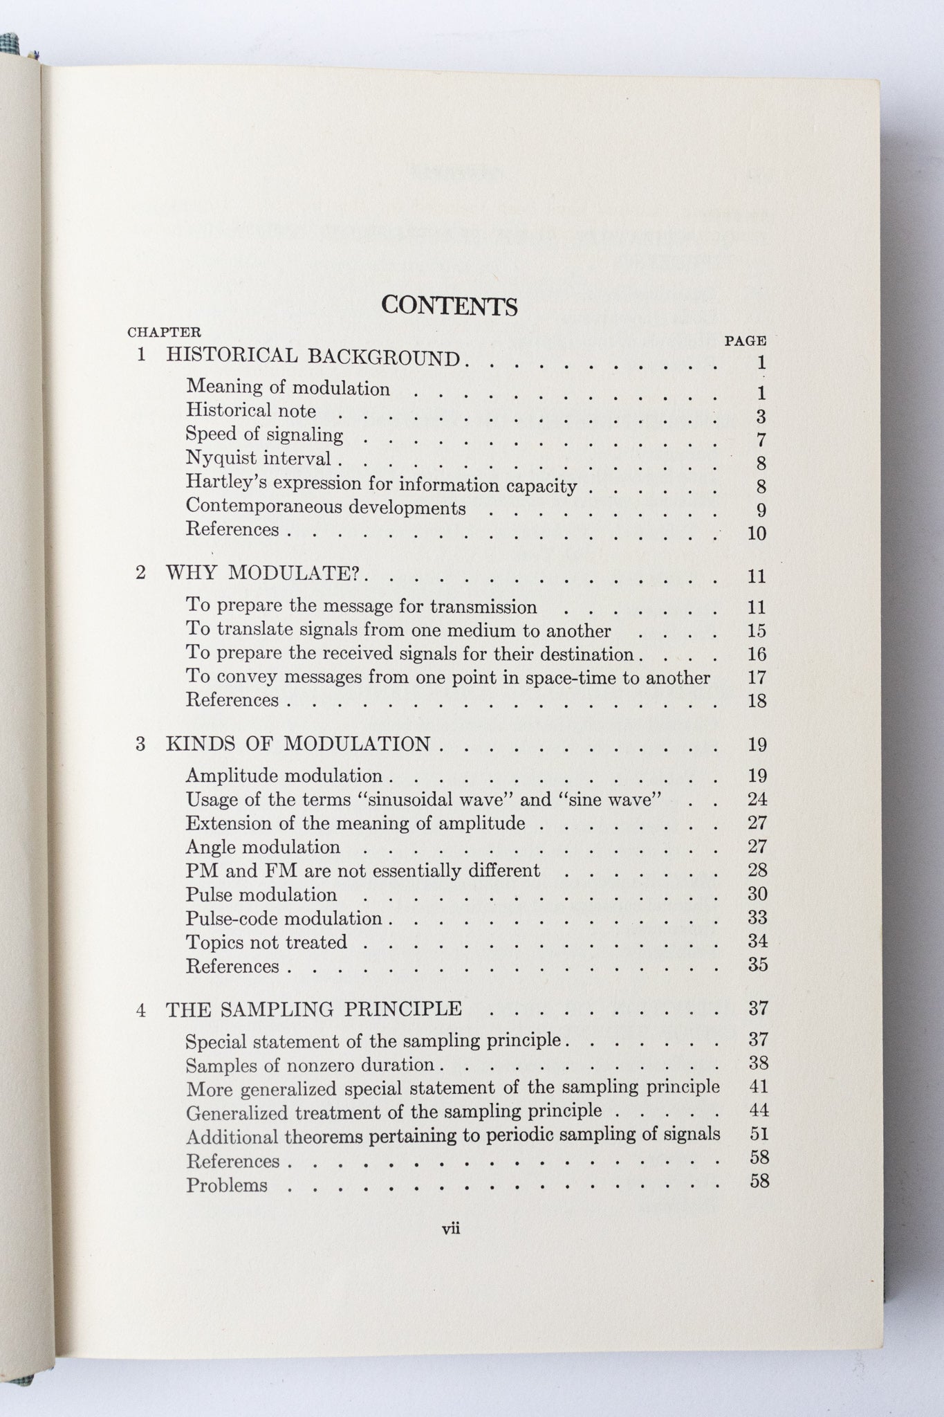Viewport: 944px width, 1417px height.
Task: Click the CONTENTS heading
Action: pos(450,306)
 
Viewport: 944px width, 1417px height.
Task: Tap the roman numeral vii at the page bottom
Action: pos(451,1229)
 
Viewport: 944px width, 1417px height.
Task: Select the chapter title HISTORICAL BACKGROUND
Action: pos(313,357)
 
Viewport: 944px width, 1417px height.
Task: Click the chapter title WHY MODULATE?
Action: pos(264,574)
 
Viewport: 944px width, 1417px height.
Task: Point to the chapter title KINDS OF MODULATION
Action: pos(298,744)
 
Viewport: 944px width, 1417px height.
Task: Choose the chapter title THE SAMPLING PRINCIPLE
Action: pos(313,1009)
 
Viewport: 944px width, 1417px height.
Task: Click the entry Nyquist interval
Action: pos(259,459)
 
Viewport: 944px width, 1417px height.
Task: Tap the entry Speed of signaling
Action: pos(264,435)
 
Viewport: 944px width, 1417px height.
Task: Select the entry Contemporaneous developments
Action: pos(326,508)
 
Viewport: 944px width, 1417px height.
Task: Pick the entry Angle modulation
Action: pos(263,847)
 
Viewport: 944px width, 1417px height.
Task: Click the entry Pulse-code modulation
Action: pos(284,918)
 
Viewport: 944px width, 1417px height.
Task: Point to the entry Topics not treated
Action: pos(266,942)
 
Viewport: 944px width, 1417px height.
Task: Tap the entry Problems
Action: pos(226,1185)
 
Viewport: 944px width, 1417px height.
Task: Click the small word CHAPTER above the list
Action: pos(164,333)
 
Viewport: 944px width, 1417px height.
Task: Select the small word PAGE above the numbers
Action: pos(745,340)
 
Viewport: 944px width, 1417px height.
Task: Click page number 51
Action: pos(759,1134)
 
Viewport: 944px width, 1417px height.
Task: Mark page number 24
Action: pos(757,800)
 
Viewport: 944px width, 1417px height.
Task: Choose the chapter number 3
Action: pos(140,744)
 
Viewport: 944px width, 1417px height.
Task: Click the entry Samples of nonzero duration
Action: pos(310,1065)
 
